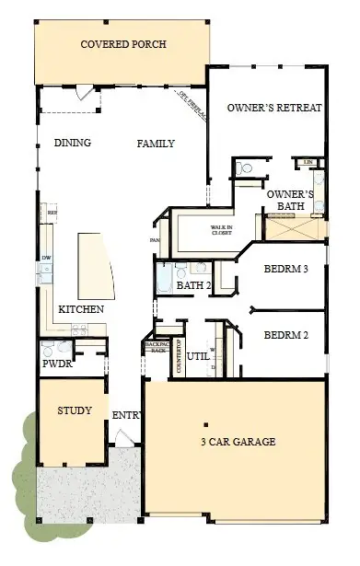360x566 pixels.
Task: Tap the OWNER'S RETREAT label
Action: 274,108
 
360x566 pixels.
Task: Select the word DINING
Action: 72,144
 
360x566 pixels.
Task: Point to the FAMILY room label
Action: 156,144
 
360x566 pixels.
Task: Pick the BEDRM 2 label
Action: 285,335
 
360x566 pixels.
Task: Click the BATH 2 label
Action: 194,286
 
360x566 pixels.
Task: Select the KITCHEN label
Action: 81,309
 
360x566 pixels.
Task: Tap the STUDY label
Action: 75,410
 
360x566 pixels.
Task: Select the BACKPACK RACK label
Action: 157,347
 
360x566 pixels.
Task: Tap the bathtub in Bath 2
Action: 167,275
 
